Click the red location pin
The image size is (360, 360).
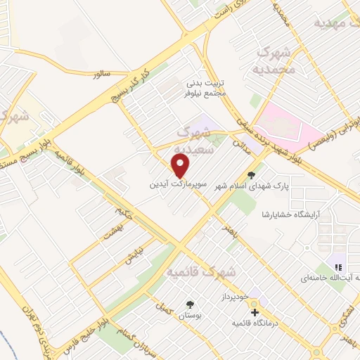tap(181, 166)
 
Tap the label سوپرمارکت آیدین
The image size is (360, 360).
tap(177, 186)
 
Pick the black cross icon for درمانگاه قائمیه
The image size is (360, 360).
tap(255, 311)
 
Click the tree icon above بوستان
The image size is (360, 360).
tap(189, 304)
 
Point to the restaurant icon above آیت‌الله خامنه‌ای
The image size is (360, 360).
tap(338, 267)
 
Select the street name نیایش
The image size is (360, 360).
tap(134, 253)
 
